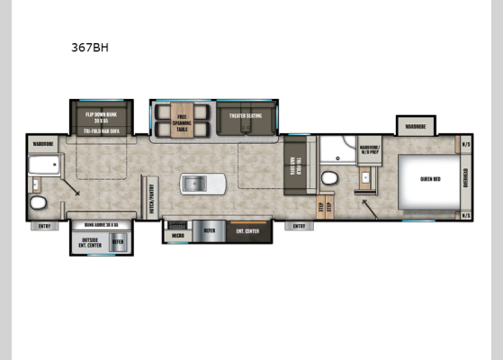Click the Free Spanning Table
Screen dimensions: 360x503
coord(183,123)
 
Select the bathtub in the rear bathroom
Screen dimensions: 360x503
coord(44,166)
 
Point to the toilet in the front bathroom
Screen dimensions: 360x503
coord(329,176)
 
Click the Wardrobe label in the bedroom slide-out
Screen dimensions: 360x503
coord(414,126)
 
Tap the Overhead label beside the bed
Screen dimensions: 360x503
coord(465,178)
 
